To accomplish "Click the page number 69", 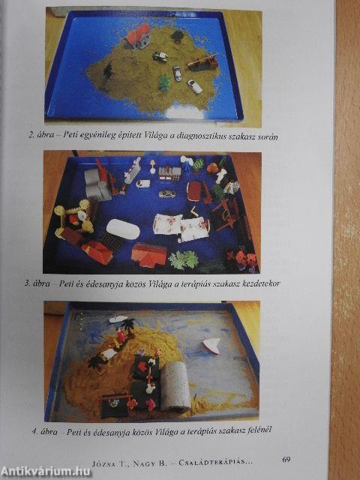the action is coord(286,459).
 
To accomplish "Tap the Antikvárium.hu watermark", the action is coord(46,472).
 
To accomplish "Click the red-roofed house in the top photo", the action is coord(138,36).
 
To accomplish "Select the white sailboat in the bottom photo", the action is coord(211,345).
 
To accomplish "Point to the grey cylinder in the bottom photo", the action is coord(176,385).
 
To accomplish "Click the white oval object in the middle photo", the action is coord(123,229).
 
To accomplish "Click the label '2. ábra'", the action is coord(41,135).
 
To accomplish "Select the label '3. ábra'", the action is coord(37,283).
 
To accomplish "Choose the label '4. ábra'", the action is coord(45,432).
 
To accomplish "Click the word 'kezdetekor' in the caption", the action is coord(261,283).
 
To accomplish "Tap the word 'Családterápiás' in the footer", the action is coord(215,462).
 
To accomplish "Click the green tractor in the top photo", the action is coord(160,57).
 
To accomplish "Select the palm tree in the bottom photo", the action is coord(128,327).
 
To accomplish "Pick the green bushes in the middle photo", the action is coord(183,260).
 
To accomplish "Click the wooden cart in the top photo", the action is coord(203,62).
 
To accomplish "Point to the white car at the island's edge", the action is coord(195,87).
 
